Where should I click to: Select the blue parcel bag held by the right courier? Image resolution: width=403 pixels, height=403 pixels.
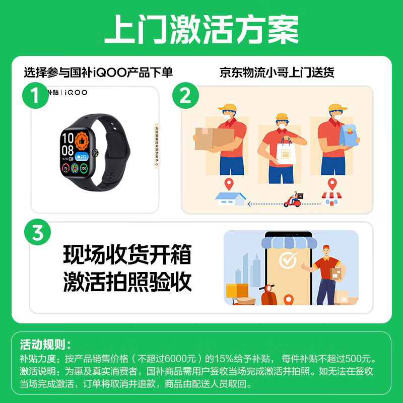point(349,136)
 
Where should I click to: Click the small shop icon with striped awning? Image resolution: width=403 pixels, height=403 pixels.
point(331,198)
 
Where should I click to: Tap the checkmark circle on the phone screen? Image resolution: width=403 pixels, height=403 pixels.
point(288,261)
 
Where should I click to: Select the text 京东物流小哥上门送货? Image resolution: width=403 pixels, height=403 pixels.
point(277,73)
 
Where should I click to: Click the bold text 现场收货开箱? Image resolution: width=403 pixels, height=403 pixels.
point(127,255)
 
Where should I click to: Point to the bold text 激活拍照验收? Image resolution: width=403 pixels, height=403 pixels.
point(127,282)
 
